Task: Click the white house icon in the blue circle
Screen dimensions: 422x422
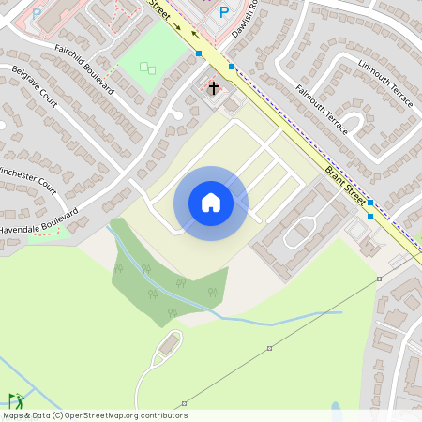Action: click(x=211, y=202)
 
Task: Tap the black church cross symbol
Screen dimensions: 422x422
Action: click(x=213, y=88)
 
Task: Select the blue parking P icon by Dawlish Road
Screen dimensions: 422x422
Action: click(x=223, y=12)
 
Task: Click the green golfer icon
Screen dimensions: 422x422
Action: click(x=16, y=401)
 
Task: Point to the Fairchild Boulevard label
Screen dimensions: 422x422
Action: click(x=84, y=68)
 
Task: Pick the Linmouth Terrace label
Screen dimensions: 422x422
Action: click(x=384, y=83)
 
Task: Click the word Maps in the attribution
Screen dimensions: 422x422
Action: click(x=14, y=415)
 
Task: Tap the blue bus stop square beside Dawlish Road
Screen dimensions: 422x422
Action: click(x=232, y=67)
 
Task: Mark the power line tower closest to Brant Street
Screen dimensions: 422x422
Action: click(x=380, y=279)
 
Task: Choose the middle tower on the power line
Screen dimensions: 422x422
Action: click(x=269, y=348)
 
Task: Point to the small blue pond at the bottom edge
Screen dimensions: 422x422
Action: click(x=336, y=409)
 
